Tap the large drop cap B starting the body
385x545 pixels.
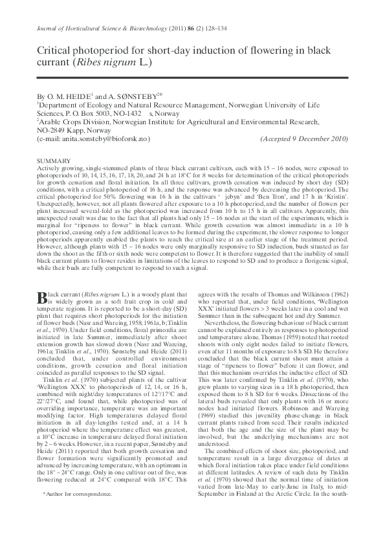(43, 296)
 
